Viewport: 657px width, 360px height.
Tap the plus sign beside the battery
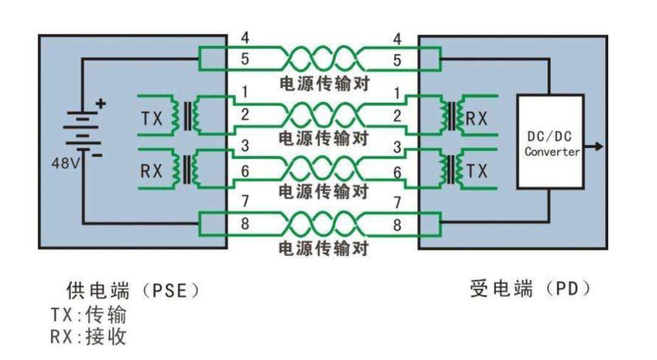100,103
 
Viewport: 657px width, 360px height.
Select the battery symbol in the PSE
83,129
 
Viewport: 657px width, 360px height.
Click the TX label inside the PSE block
151,119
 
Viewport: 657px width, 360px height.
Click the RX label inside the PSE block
151,171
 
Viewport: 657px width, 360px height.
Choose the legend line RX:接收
89,336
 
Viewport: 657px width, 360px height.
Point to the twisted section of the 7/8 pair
322,224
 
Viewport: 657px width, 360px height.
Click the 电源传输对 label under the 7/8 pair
324,248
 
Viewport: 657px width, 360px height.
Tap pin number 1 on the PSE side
244,93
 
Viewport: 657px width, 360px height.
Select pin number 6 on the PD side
397,172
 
